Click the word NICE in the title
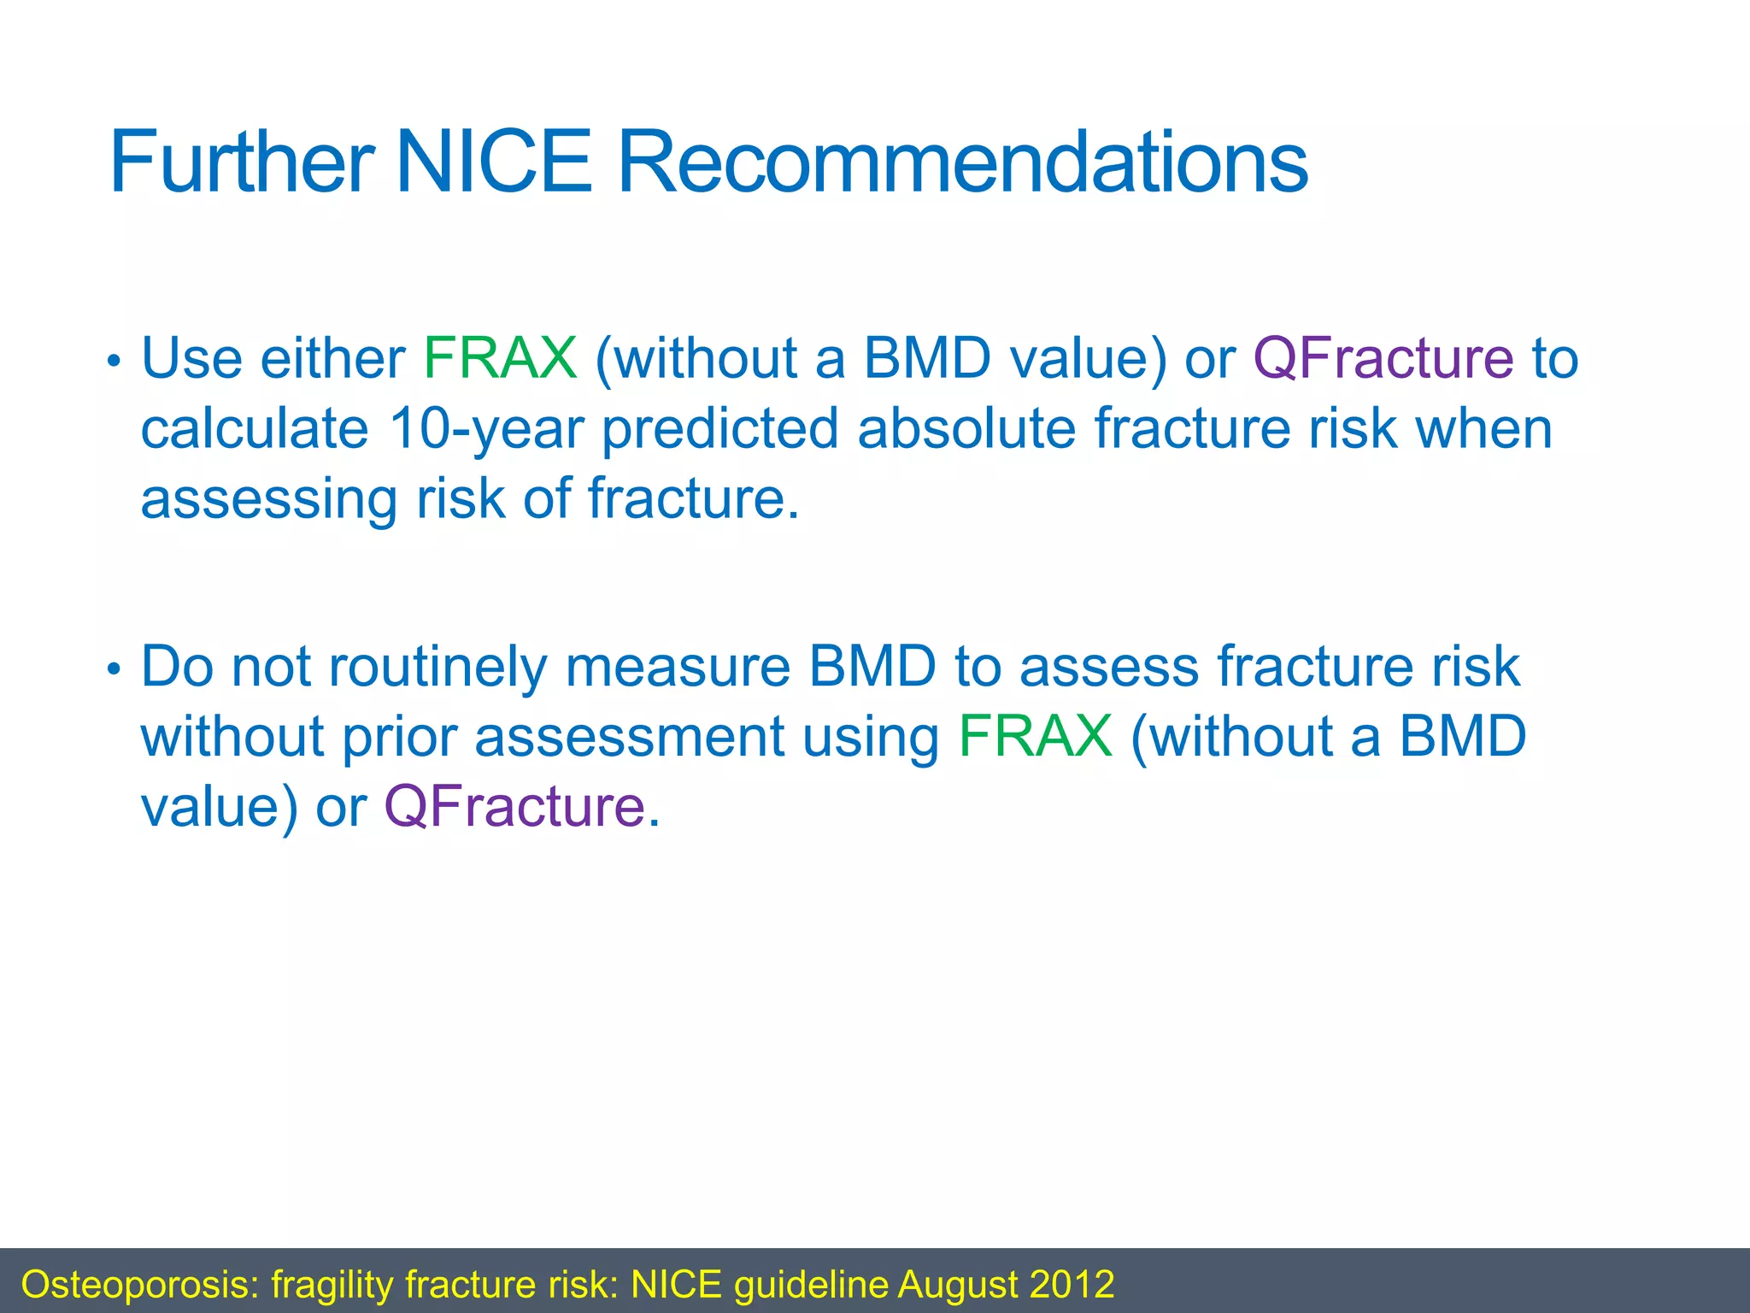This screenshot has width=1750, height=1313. point(493,162)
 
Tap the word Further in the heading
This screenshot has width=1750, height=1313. point(242,162)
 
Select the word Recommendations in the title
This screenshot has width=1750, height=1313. point(961,162)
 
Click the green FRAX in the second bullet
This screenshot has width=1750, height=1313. point(1035,736)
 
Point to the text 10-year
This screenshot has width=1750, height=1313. point(486,428)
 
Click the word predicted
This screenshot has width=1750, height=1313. point(719,428)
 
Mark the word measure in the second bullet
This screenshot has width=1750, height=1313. point(678,667)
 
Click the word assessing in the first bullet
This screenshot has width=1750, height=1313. point(268,499)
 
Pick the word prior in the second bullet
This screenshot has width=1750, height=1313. point(399,736)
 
